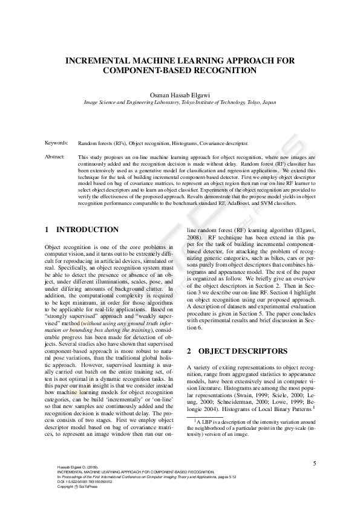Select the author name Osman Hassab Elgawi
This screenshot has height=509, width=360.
click(180, 95)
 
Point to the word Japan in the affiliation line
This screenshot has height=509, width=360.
click(267, 103)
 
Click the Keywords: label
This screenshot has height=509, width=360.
click(57, 143)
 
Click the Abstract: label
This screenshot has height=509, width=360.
click(56, 157)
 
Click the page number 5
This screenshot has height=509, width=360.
click(315, 464)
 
